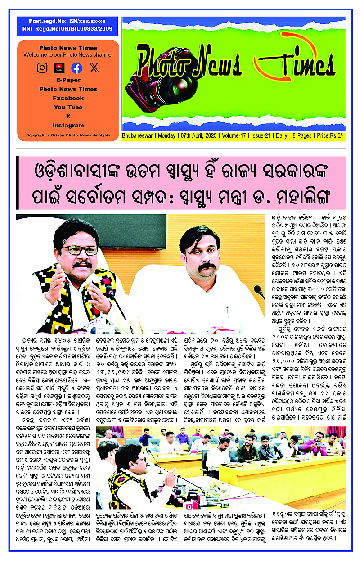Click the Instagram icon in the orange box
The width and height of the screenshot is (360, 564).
click(x=42, y=68)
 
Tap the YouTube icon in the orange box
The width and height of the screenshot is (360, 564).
click(x=59, y=68)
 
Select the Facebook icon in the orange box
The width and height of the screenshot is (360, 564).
click(x=77, y=68)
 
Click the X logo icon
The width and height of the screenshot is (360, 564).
click(x=94, y=68)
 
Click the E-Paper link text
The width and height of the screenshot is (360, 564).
click(x=68, y=80)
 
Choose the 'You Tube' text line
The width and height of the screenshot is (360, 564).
click(x=68, y=107)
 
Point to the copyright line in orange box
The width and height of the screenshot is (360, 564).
click(x=68, y=135)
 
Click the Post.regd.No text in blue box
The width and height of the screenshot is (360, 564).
click(x=67, y=21)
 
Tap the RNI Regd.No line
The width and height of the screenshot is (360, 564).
click(x=67, y=28)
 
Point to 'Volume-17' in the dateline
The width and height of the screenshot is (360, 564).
click(x=236, y=135)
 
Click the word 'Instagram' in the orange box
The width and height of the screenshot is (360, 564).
click(x=68, y=126)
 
